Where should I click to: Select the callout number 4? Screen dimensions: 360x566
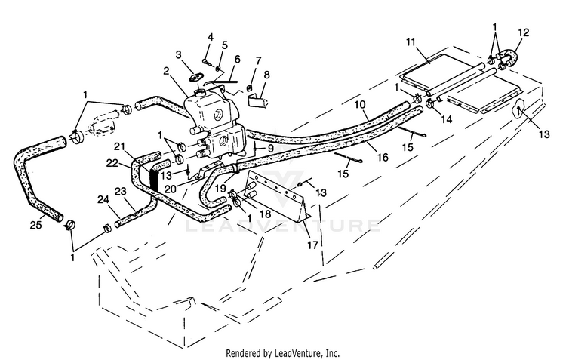point(211,37)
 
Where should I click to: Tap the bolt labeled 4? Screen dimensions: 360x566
point(205,60)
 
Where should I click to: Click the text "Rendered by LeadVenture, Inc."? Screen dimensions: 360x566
point(283,353)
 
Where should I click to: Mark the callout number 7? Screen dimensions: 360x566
point(258,60)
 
